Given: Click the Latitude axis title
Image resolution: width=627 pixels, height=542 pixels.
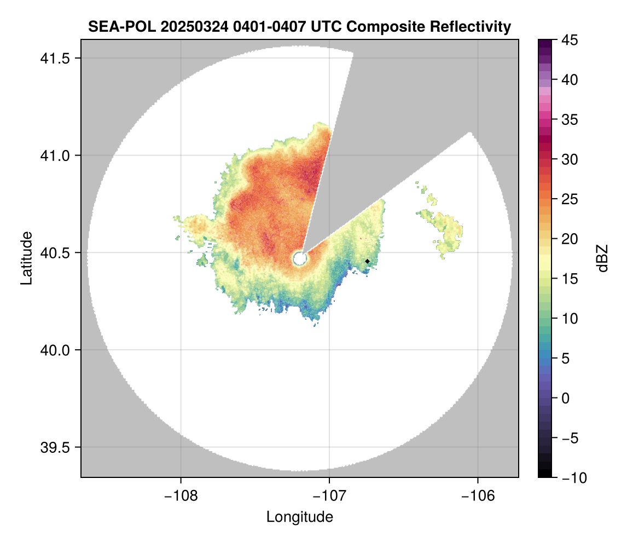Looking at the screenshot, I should pyautogui.click(x=26, y=258).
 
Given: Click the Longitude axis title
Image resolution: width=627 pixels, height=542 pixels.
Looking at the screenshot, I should pyautogui.click(x=299, y=517).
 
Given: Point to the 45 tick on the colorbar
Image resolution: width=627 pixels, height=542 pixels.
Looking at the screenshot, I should pyautogui.click(x=570, y=40).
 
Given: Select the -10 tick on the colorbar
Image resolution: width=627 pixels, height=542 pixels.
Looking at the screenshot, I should pyautogui.click(x=572, y=478).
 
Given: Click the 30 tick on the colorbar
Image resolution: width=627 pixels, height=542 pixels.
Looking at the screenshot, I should pyautogui.click(x=570, y=159).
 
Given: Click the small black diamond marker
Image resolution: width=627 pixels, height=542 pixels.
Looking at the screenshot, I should pyautogui.click(x=368, y=261).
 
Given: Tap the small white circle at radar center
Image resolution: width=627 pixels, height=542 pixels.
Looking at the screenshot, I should pyautogui.click(x=299, y=258).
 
